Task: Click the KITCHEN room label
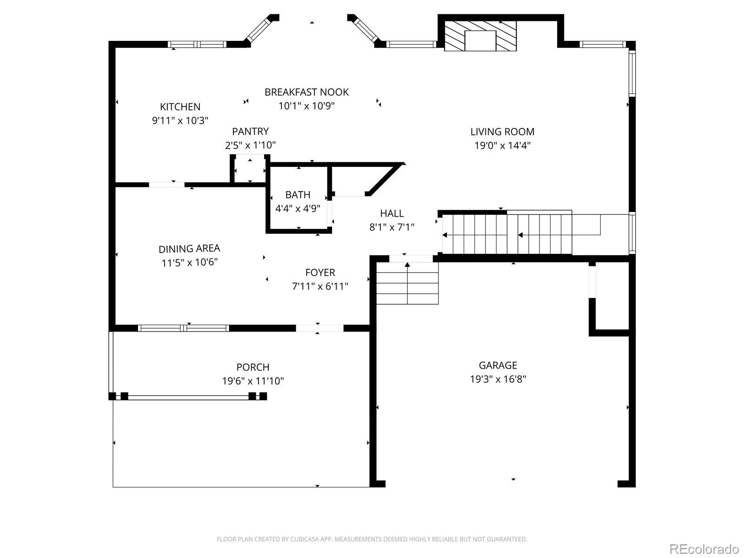tap(180, 107)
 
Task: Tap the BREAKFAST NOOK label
tap(306, 92)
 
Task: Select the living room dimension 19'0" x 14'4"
tap(502, 146)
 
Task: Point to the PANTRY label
tap(250, 131)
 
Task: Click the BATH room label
tap(298, 195)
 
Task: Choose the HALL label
tap(392, 213)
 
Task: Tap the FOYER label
tap(320, 272)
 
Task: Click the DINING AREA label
tap(189, 249)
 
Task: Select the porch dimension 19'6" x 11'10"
tap(253, 381)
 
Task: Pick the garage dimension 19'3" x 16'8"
tap(498, 379)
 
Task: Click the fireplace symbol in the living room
tap(480, 36)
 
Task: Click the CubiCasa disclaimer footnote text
tap(372, 539)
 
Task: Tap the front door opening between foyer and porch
tap(319, 328)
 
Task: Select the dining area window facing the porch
tap(183, 328)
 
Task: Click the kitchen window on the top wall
tap(197, 44)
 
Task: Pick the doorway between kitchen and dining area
tap(167, 185)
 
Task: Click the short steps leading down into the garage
tap(407, 283)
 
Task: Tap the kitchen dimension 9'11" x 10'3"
tap(180, 120)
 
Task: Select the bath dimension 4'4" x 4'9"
tap(298, 208)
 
